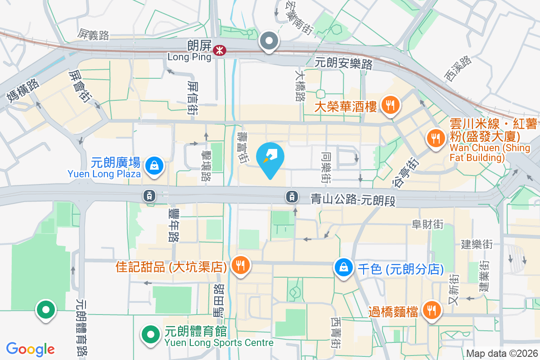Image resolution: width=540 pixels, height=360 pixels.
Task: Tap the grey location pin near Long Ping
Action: [269, 41]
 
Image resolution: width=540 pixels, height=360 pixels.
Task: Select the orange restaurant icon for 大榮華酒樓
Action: [390, 106]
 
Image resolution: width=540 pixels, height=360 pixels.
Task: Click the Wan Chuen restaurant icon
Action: [435, 137]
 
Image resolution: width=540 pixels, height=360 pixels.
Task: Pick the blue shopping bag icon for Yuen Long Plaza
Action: [154, 165]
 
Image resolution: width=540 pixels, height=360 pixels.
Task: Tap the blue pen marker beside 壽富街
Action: [270, 158]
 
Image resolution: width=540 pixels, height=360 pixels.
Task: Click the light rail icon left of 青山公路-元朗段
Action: [292, 196]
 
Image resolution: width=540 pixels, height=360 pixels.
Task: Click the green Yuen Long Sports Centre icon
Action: [151, 334]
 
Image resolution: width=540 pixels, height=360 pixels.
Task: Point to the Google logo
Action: [31, 349]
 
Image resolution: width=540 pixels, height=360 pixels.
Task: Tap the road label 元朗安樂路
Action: [344, 63]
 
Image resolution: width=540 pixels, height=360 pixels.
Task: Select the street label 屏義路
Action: [93, 35]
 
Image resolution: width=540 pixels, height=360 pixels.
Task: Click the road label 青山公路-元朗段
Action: [353, 199]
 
